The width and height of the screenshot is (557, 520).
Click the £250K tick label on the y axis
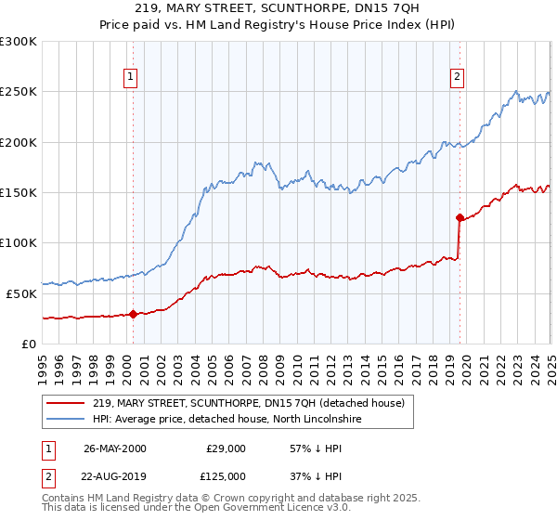click(x=19, y=92)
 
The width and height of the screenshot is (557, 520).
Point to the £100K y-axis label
click(x=19, y=243)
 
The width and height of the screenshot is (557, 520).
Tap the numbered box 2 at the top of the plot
click(x=459, y=77)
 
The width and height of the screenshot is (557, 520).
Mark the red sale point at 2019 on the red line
click(x=460, y=218)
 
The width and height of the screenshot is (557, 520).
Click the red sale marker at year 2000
click(x=133, y=314)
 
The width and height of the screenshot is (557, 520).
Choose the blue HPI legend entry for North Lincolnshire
click(x=227, y=420)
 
